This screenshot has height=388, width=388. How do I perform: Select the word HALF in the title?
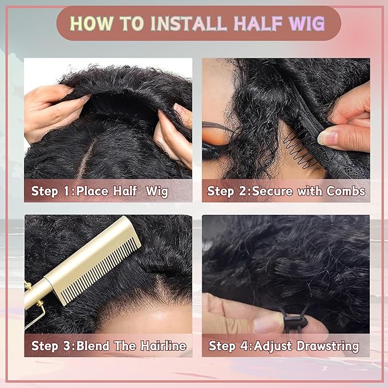tap(253, 23)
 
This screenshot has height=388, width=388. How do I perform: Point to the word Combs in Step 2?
tap(345, 191)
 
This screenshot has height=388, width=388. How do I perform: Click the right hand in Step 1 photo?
tap(174, 134)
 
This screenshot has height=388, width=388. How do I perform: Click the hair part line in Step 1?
tap(86, 154)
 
